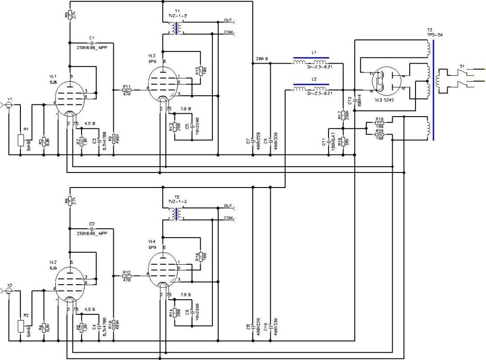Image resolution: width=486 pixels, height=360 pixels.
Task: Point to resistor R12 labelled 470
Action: pyautogui.click(x=127, y=275)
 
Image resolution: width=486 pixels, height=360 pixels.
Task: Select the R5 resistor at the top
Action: pyautogui.click(x=69, y=14)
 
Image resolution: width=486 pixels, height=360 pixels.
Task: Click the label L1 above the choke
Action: pyautogui.click(x=314, y=52)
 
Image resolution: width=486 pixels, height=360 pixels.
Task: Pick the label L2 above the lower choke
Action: pyautogui.click(x=314, y=79)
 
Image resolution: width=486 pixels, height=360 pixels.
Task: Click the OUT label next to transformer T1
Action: pyautogui.click(x=228, y=20)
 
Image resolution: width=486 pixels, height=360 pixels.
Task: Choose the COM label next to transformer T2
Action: pyautogui.click(x=228, y=218)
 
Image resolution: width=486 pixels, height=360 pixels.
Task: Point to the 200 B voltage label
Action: pyautogui.click(x=261, y=59)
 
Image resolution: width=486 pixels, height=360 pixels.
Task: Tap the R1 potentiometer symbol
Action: pyautogui.click(x=20, y=140)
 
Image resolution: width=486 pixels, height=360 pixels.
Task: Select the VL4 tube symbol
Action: pyautogui.click(x=162, y=269)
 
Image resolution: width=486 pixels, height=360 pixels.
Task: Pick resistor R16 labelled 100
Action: pyautogui.click(x=199, y=257)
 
